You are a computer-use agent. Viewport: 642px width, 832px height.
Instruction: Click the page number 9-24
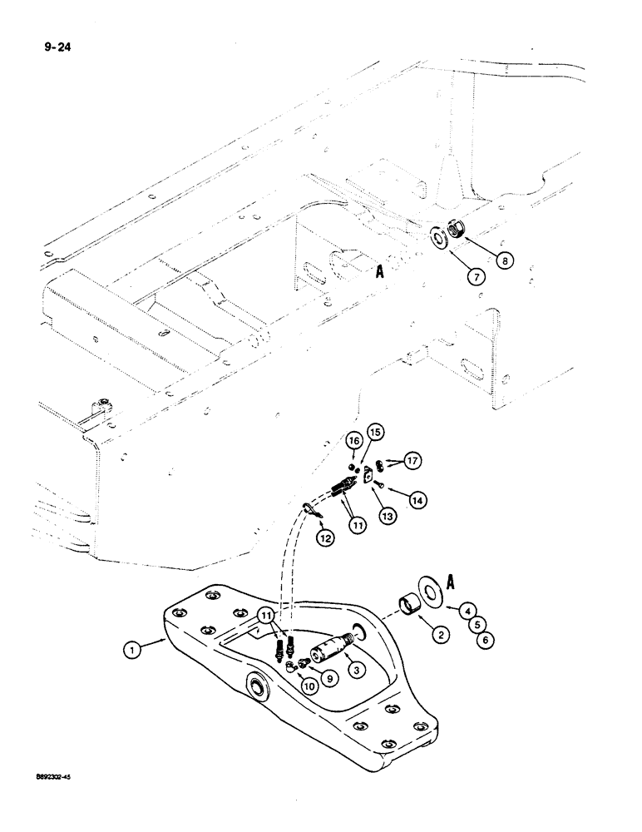46,36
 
